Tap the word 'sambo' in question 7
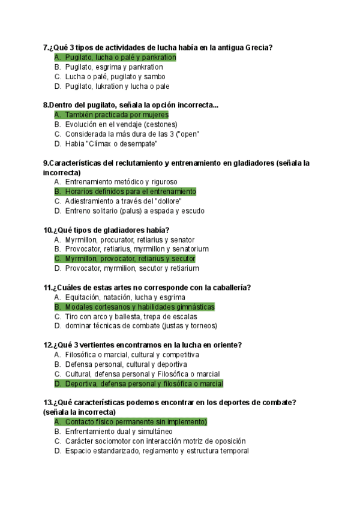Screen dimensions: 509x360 (x=154, y=76)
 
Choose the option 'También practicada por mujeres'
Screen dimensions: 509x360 (x=116, y=115)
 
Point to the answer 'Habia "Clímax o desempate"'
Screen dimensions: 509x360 (x=111, y=143)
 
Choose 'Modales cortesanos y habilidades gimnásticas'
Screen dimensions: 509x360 (x=139, y=307)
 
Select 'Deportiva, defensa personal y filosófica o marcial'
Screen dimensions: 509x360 (x=144, y=384)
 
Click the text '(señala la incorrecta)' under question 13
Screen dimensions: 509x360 (x=79, y=412)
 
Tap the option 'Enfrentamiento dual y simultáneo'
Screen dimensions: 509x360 (x=119, y=432)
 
